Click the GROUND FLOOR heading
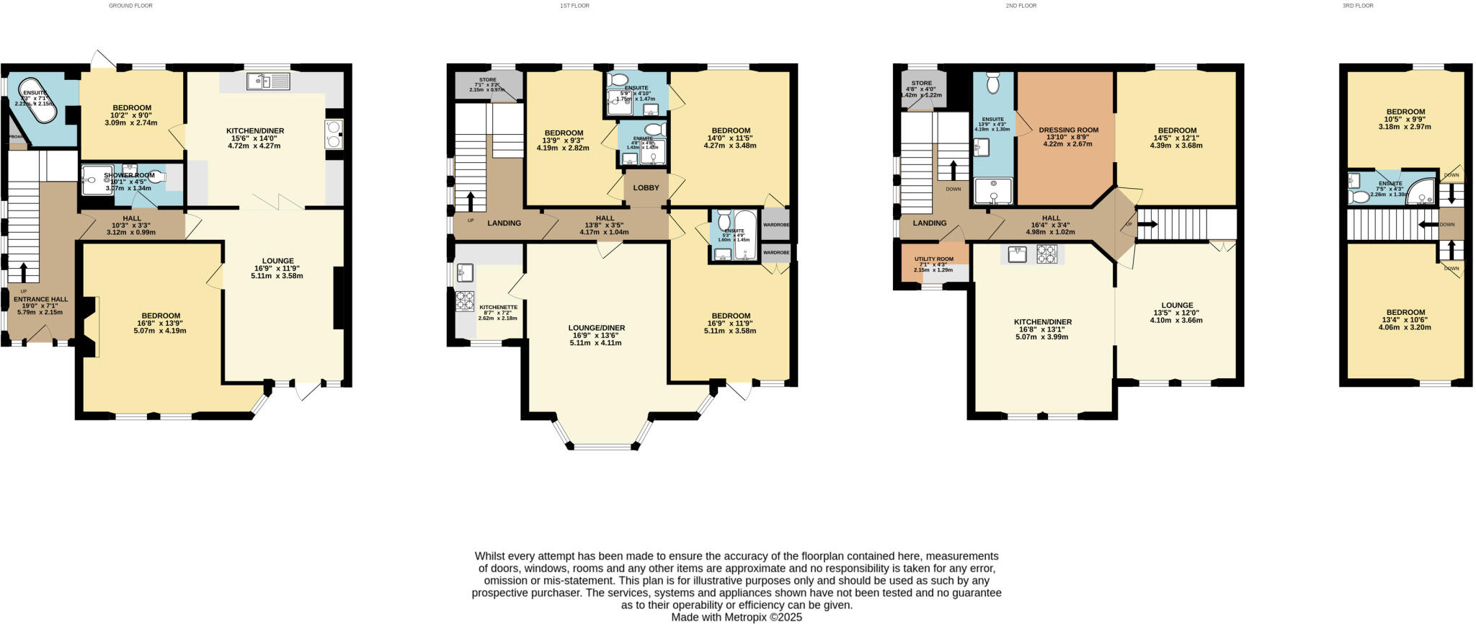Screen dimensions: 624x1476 (130, 6)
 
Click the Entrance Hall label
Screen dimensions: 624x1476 (40, 299)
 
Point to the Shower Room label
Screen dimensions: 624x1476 (129, 175)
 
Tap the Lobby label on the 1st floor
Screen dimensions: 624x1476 (646, 188)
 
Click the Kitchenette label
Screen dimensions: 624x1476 (498, 306)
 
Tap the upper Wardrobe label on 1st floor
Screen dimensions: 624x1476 (776, 224)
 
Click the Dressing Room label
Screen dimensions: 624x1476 (1068, 130)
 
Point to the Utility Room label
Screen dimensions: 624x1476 (934, 259)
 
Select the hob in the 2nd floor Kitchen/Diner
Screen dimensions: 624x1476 (1046, 254)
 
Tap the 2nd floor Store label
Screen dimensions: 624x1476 (921, 84)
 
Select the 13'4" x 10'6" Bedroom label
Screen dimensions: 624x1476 (1405, 313)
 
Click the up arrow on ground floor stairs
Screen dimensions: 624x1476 (24, 272)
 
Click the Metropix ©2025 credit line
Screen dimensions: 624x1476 (737, 618)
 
